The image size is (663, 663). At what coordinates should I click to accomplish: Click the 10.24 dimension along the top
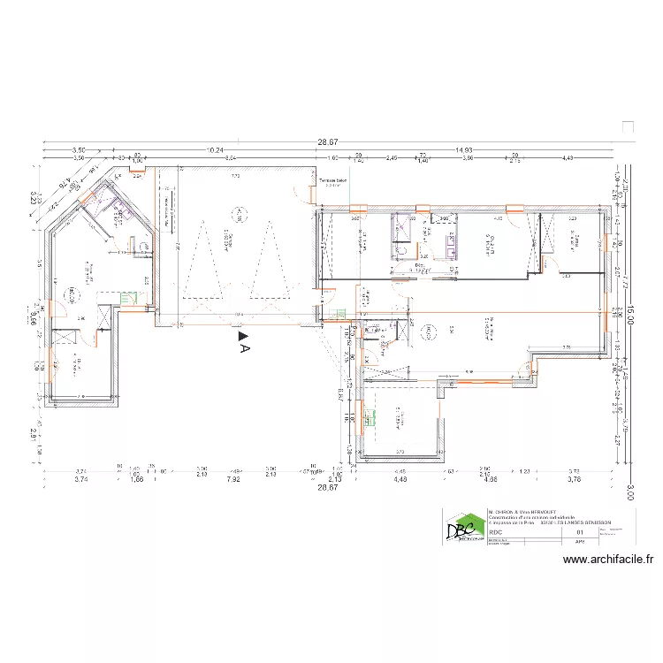214,151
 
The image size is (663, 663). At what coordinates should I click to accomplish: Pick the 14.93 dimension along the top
462,151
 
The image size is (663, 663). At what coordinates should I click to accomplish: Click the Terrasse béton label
333,182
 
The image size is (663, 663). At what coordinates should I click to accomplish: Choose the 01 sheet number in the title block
580,532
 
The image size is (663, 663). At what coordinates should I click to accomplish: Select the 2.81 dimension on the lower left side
32,434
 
